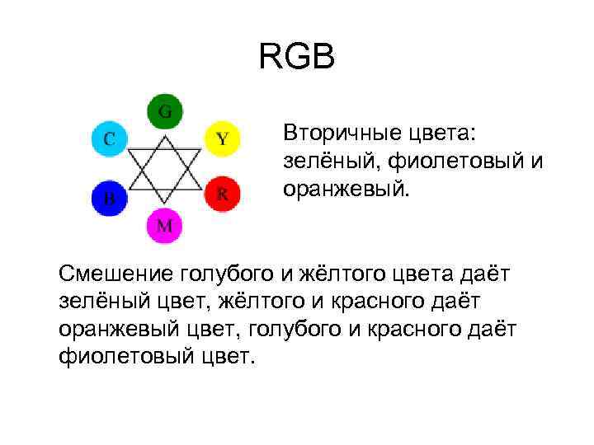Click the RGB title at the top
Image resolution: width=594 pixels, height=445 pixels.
pyautogui.click(x=297, y=58)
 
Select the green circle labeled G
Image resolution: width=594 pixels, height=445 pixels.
pyautogui.click(x=165, y=111)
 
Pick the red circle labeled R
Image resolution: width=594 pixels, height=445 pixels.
pyautogui.click(x=222, y=194)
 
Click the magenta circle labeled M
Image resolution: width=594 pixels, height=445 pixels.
pyautogui.click(x=165, y=226)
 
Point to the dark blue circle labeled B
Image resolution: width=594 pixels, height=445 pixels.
pyautogui.click(x=108, y=198)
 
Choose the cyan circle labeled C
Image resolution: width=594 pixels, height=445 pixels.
pyautogui.click(x=108, y=138)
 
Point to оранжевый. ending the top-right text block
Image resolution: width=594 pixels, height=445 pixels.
pyautogui.click(x=345, y=190)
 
